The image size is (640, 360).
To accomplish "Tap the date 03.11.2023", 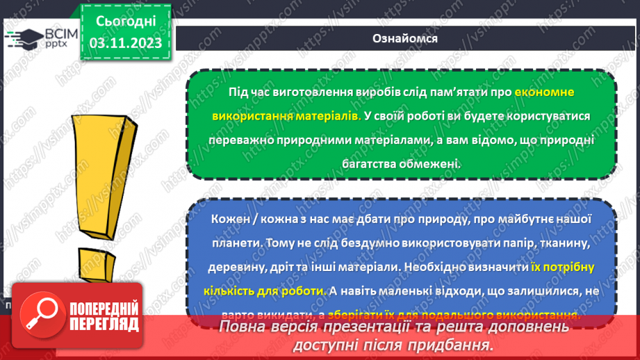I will coord(125,43).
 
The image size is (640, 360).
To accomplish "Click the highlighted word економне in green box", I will coord(545,92).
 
